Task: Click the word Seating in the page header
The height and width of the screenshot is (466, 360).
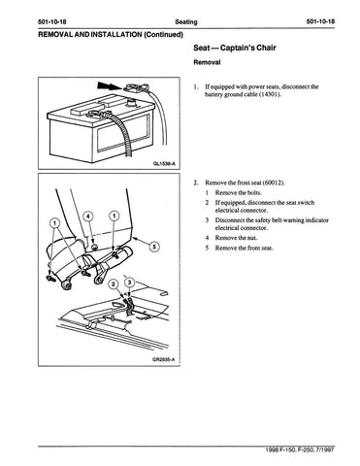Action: point(186,22)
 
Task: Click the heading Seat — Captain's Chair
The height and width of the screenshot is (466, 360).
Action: point(235,48)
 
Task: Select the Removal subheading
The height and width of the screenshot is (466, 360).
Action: point(207,62)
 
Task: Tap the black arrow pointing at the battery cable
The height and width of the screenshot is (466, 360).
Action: point(109,85)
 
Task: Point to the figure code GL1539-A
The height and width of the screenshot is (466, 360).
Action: point(164,164)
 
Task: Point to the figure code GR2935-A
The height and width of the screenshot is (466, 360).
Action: point(164,360)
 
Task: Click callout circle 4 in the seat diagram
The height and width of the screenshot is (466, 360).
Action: point(89,216)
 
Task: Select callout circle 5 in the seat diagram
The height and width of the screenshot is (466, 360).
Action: point(154,247)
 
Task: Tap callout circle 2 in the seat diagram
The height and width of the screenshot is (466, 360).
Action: point(113,284)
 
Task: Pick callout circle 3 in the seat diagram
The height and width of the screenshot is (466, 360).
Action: point(130,283)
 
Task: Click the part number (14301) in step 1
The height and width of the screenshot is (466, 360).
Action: point(270,94)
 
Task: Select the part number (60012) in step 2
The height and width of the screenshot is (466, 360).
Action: point(274,183)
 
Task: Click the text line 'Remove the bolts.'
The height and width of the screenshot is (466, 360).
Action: point(239,193)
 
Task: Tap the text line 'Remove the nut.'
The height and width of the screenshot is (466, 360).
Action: point(237,238)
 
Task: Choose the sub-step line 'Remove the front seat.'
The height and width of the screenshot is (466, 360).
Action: point(245,249)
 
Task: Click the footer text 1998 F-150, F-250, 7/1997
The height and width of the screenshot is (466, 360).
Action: point(300,449)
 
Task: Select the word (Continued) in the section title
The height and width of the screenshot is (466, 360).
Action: point(163,34)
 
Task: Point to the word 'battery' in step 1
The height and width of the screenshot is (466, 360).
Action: point(213,94)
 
